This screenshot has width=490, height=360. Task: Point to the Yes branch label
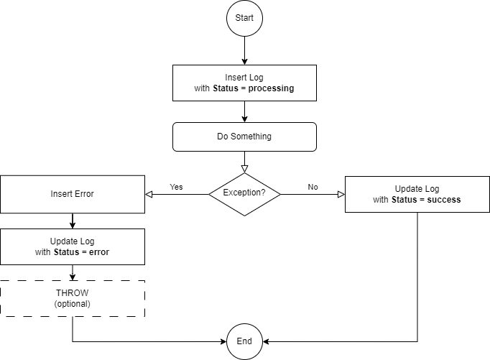176,187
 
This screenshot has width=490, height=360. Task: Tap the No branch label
313,187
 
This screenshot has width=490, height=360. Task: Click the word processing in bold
271,88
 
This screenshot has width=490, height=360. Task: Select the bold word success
444,200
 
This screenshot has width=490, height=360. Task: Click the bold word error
99,252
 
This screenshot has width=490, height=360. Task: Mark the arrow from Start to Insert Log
244,50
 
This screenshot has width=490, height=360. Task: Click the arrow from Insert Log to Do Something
244,111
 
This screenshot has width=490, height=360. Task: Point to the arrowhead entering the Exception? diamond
244,169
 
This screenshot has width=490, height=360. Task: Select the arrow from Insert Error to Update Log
73,221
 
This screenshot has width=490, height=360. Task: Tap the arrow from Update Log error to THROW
73,272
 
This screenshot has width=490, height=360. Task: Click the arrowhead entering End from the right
266,341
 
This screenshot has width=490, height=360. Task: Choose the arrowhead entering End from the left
223,341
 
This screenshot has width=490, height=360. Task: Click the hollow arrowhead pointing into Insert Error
149,195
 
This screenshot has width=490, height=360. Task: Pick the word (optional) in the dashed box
72,304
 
